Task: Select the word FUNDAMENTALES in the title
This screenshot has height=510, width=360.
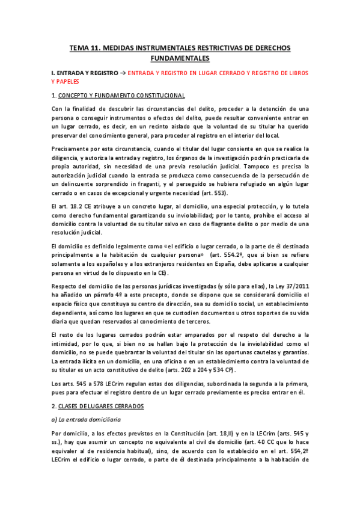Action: pyautogui.click(x=180, y=58)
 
